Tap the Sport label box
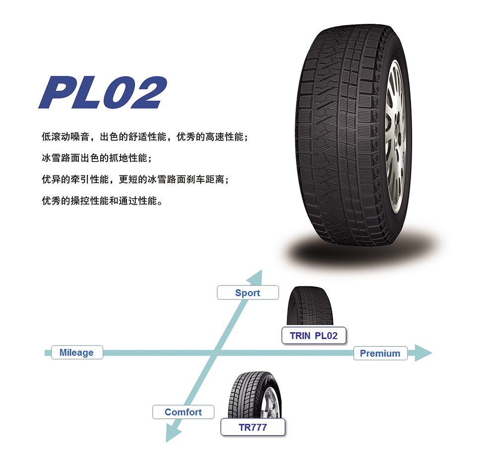[248, 293]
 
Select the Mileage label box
[76, 352]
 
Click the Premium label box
[380, 353]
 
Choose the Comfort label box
[183, 412]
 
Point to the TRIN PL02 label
[313, 336]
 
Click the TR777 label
[253, 427]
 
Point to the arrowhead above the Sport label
[256, 277]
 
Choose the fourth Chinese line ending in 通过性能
[102, 202]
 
